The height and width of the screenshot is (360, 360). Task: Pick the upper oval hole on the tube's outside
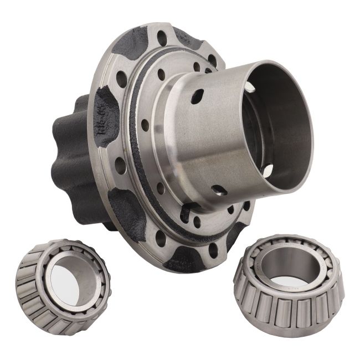(197, 97)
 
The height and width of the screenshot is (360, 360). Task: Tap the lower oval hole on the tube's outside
(218, 190)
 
